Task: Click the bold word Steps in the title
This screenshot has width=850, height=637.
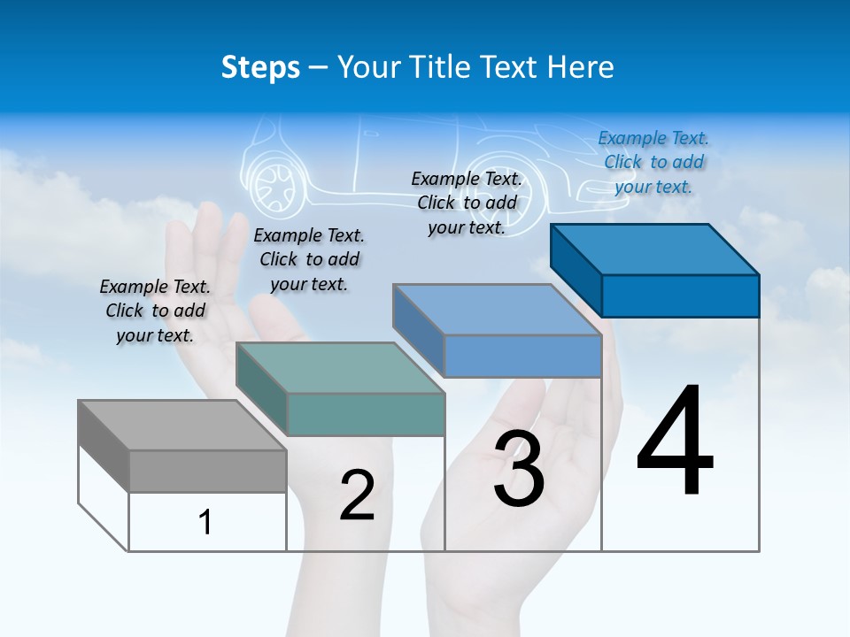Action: pos(260,67)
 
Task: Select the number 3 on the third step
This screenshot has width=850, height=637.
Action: pos(519,469)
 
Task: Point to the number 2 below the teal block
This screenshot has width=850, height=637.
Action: pos(357,495)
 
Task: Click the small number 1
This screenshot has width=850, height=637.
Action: pos(205,522)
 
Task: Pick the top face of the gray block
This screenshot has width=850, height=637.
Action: pos(182,425)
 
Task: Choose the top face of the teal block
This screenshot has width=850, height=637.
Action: pos(340,368)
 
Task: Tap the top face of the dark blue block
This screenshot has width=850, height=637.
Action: pos(655,249)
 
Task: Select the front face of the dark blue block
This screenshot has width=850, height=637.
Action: pos(680,295)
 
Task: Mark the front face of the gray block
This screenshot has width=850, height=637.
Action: pos(207,471)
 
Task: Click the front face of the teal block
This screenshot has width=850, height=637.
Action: pos(366,414)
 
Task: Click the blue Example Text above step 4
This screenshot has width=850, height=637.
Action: pos(653,162)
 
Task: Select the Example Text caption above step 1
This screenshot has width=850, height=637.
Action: pos(155,311)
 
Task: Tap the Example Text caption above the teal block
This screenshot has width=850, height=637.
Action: pos(309,259)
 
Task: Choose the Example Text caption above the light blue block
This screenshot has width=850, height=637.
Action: pos(467,203)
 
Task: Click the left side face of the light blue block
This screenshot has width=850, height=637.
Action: pos(419,330)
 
